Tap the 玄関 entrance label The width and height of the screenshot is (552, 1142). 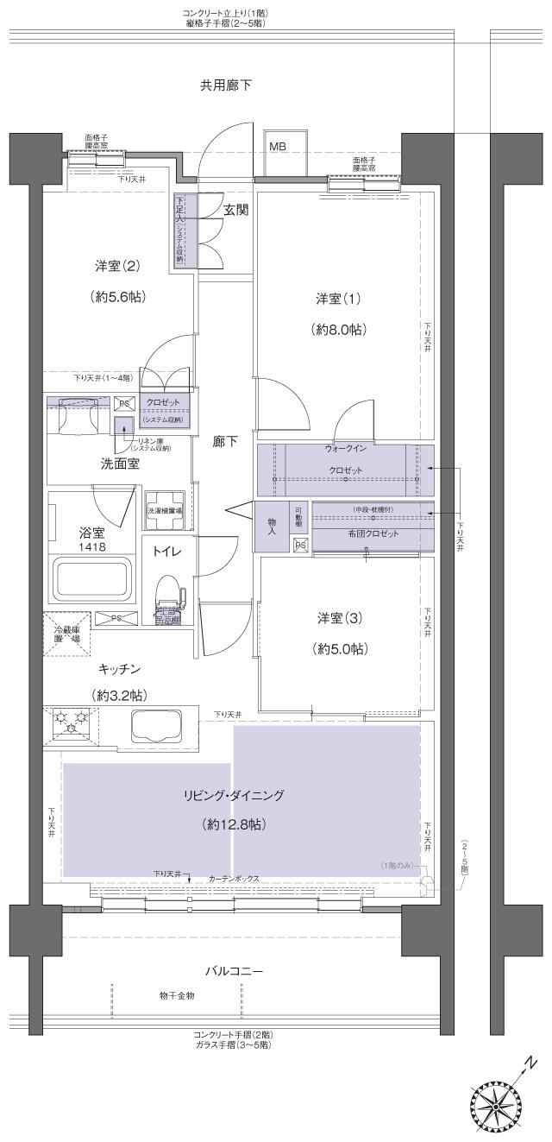click(236, 210)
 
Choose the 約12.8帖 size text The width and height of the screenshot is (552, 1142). click(233, 824)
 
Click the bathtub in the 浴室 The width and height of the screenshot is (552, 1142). click(92, 580)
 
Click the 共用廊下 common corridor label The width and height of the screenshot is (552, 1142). click(226, 85)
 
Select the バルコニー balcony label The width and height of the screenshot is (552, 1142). click(234, 971)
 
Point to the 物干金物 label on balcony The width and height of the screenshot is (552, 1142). click(177, 996)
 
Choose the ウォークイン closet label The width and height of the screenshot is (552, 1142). click(346, 450)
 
